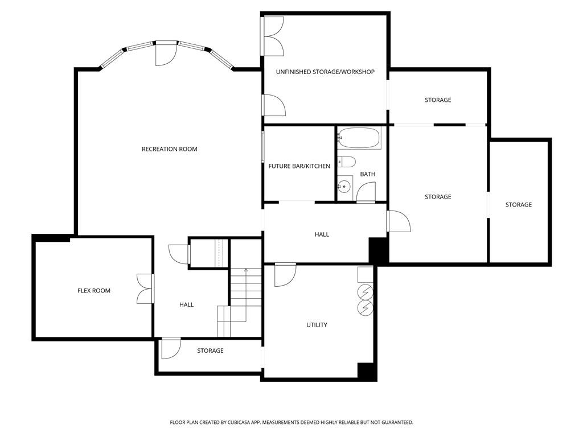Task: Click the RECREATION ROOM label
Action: (x=169, y=149)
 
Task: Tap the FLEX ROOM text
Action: (x=94, y=291)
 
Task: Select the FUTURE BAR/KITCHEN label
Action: (x=299, y=166)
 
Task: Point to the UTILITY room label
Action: (x=317, y=325)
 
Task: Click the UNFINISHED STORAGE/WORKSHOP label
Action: (x=325, y=72)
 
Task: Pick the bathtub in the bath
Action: (x=359, y=138)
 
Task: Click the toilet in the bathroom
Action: (x=346, y=161)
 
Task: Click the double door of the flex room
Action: (x=146, y=288)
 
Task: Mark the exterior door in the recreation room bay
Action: (x=166, y=53)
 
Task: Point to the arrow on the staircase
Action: (x=246, y=271)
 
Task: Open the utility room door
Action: (x=285, y=275)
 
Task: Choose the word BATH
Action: (x=367, y=174)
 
